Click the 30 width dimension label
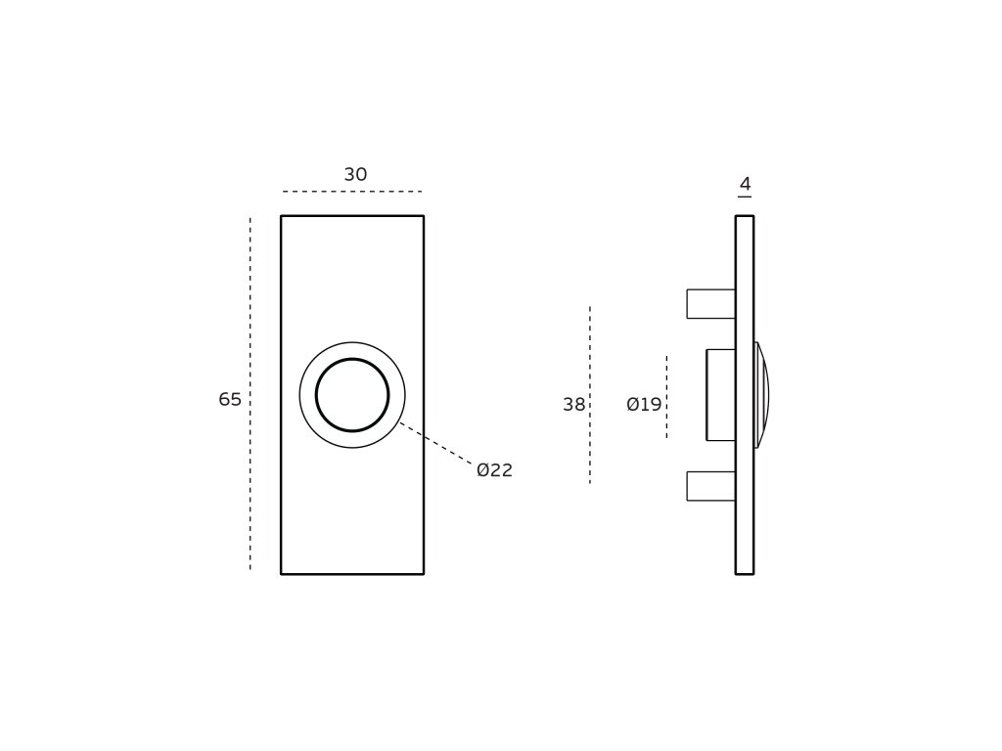(x=355, y=175)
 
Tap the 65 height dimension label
(x=230, y=400)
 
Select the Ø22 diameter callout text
(x=494, y=470)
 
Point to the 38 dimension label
(x=573, y=405)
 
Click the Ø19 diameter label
(x=644, y=405)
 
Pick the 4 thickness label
(x=745, y=184)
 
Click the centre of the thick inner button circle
(x=352, y=395)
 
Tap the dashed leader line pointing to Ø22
(x=435, y=443)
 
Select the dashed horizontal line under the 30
(x=352, y=192)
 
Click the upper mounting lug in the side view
(x=710, y=304)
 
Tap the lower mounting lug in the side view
(x=710, y=486)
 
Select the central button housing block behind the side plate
(x=721, y=395)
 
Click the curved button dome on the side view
(x=762, y=395)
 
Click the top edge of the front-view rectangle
(x=352, y=216)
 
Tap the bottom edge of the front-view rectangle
(x=352, y=574)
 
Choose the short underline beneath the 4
(x=745, y=198)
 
